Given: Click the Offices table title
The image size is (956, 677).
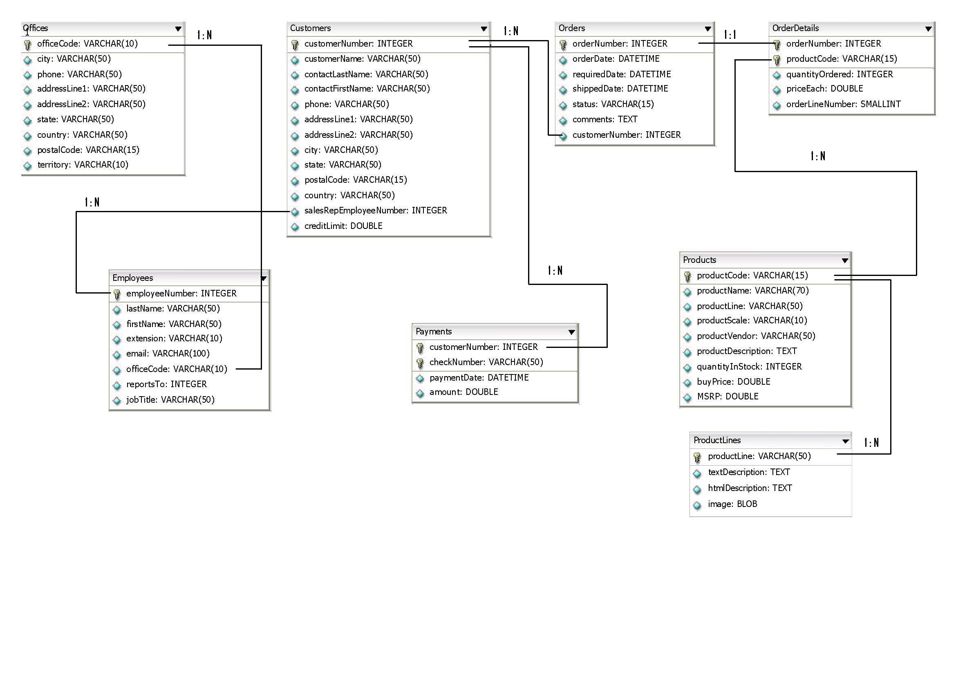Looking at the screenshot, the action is (36, 28).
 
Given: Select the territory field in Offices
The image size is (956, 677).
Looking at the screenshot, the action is (83, 165).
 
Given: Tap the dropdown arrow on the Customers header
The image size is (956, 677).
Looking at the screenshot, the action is (484, 29).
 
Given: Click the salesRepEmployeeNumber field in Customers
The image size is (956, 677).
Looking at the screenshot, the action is (376, 211).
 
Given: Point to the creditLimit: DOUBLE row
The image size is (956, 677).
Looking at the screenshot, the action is (343, 226).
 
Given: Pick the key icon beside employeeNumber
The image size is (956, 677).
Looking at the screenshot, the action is (117, 294).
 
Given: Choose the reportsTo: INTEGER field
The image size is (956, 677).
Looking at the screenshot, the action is (166, 384).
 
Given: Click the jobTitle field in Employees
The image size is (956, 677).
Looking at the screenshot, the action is (170, 399).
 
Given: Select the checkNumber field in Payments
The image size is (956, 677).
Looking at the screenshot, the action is (486, 362).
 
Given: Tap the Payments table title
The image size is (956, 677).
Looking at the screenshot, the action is (433, 332).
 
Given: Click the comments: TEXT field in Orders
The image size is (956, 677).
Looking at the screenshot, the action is (604, 119).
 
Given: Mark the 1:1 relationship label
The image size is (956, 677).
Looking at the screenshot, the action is (730, 34).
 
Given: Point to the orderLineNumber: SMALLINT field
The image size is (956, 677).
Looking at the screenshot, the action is (844, 104).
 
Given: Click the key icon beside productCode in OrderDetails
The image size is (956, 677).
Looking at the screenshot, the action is (777, 60).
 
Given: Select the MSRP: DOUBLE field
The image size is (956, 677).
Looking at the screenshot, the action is (728, 397).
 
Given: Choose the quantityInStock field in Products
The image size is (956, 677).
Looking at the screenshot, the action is (749, 366).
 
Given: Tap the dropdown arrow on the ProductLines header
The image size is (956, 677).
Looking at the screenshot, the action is (846, 441).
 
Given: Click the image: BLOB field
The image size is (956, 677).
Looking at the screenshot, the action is (732, 504).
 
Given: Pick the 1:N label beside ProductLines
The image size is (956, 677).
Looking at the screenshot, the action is (871, 442).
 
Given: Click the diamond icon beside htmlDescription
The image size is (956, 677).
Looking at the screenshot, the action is (697, 489).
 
